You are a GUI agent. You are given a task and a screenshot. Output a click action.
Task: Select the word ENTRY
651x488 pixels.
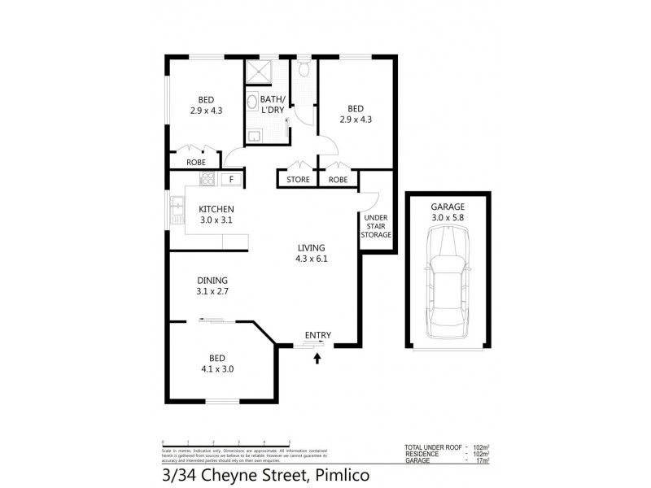click(317, 335)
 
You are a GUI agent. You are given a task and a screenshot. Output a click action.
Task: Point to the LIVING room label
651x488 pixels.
click(311, 248)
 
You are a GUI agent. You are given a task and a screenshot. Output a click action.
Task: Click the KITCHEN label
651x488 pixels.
click(216, 209)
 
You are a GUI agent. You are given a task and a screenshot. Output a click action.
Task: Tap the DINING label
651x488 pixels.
click(211, 279)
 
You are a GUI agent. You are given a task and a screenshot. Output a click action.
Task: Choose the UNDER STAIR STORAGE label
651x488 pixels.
click(376, 226)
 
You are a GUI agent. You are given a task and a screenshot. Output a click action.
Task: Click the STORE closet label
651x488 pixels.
click(298, 180)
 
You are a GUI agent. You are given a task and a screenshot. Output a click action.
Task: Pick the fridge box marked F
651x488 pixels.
click(231, 179)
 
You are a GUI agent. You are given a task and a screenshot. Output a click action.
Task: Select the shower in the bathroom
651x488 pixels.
click(260, 72)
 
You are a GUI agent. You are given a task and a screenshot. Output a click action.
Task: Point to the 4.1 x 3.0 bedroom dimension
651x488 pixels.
click(216, 368)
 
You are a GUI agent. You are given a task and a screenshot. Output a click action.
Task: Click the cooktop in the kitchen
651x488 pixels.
click(207, 179)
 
